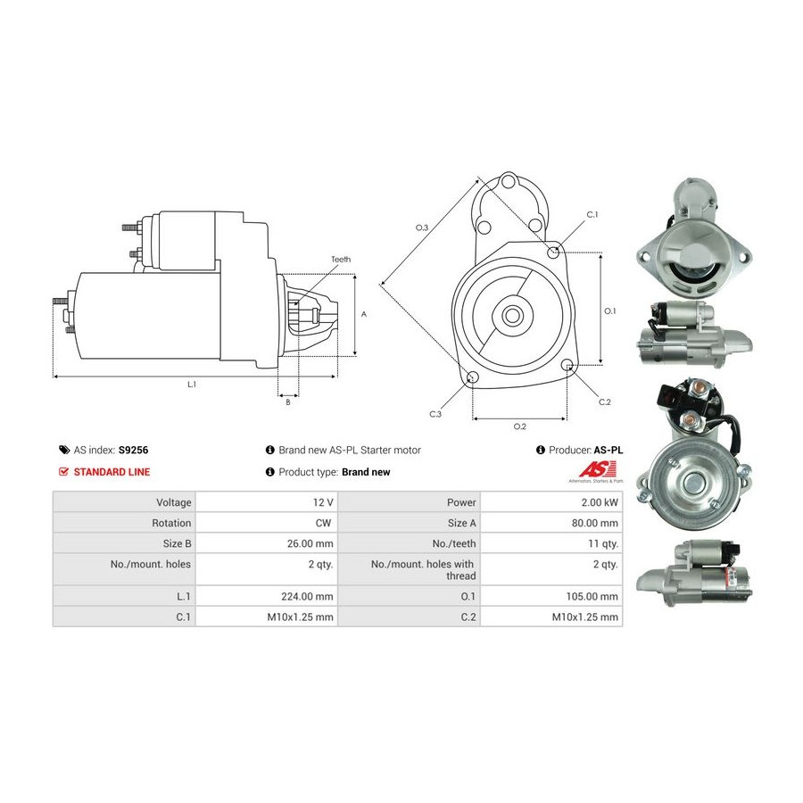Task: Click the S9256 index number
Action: [133, 451]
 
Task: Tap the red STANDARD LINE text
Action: [112, 472]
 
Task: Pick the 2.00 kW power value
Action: [600, 502]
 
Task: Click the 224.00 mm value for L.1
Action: [307, 596]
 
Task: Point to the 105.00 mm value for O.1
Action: [592, 596]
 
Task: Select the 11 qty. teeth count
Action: [603, 543]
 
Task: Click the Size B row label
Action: [178, 543]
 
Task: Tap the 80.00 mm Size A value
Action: [595, 523]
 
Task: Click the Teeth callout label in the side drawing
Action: [341, 260]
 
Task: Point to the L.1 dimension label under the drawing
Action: [192, 384]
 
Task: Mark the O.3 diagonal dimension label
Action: [422, 228]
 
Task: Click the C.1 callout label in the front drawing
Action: [592, 214]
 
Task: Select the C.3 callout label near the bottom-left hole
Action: [435, 414]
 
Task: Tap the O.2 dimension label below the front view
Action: [520, 426]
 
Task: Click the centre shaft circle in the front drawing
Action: [511, 316]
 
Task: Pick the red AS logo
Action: [597, 469]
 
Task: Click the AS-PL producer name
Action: [608, 451]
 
